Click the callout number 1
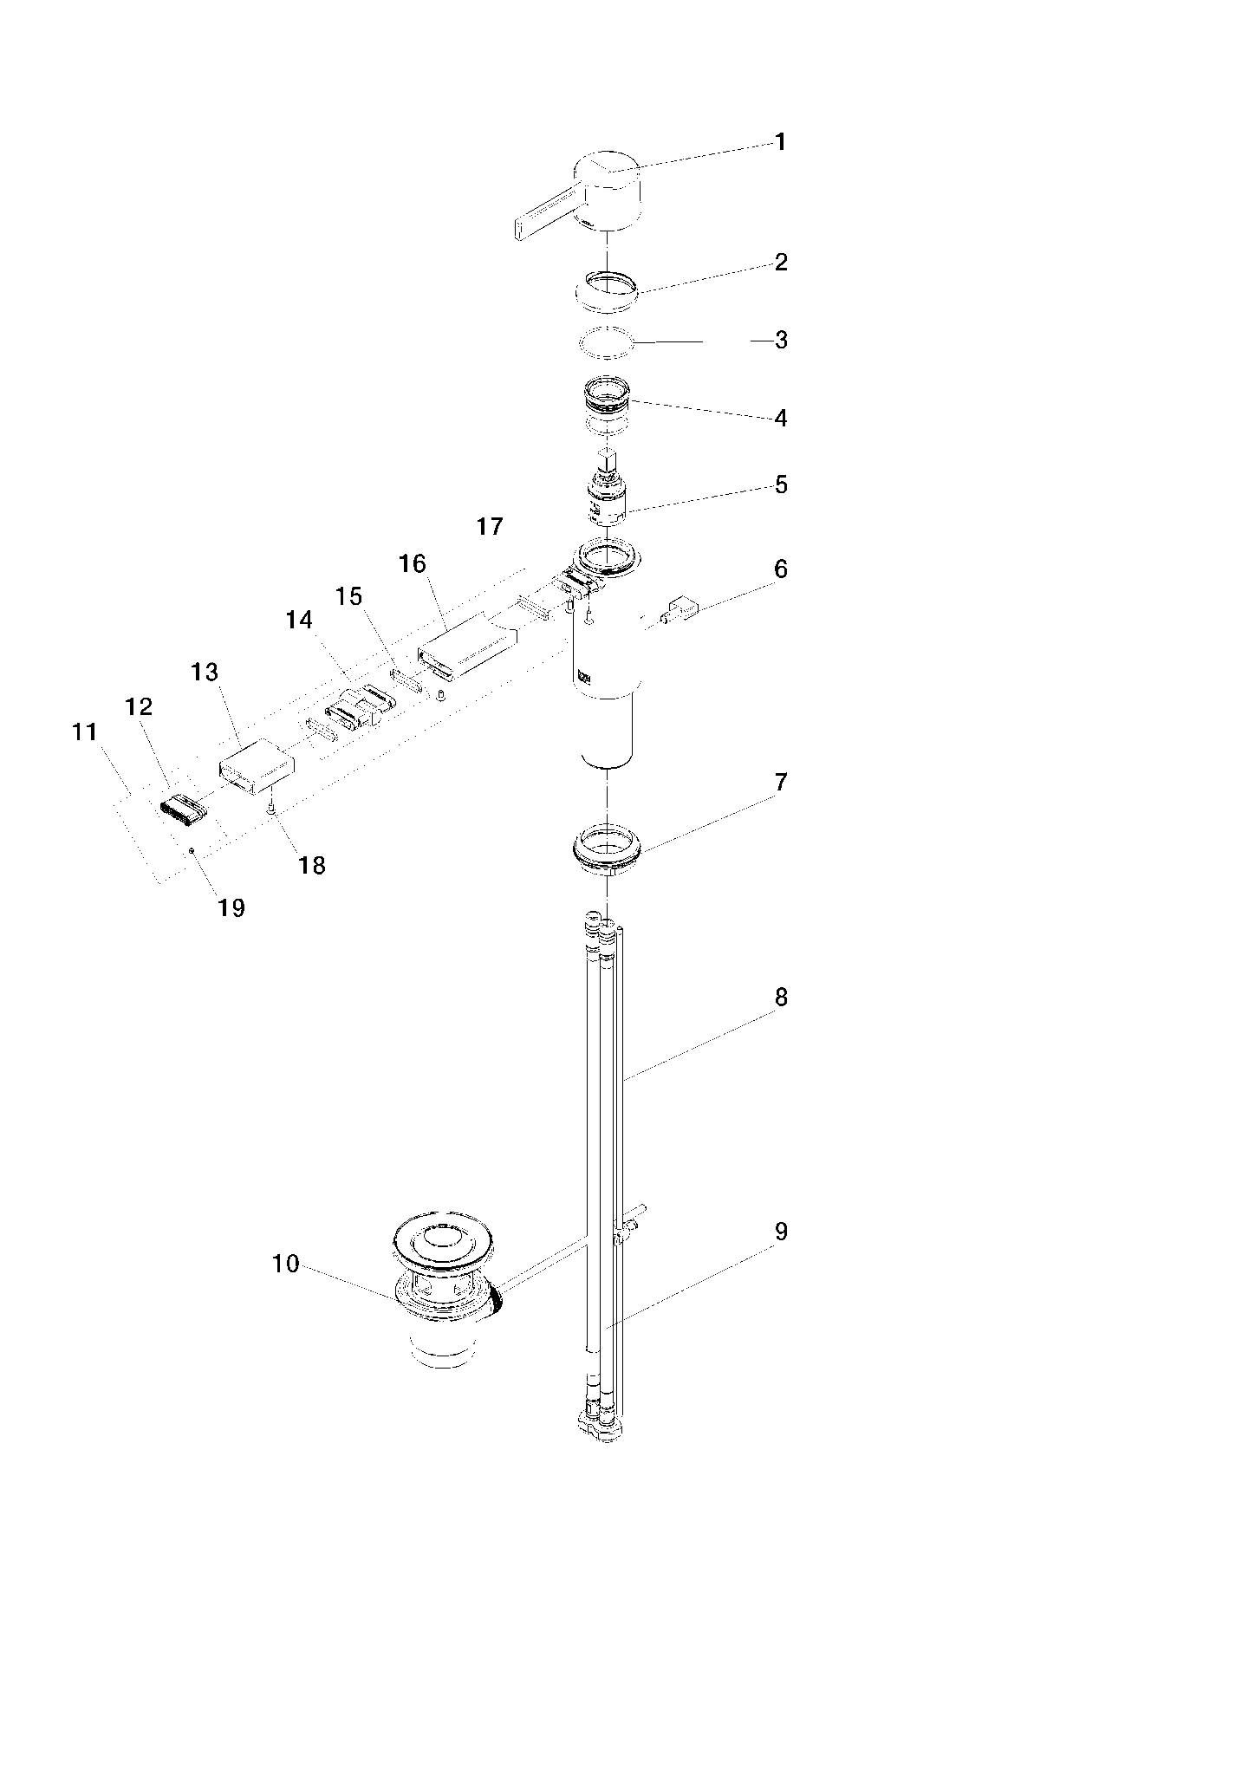click(x=780, y=142)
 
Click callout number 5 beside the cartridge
click(x=781, y=484)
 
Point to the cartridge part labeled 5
click(x=607, y=498)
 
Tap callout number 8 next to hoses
click(x=781, y=998)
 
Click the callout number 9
click(x=781, y=1232)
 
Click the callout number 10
click(x=285, y=1265)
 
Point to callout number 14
click(x=299, y=620)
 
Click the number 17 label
click(x=490, y=527)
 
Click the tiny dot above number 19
click(x=192, y=851)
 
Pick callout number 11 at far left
click(x=84, y=732)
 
